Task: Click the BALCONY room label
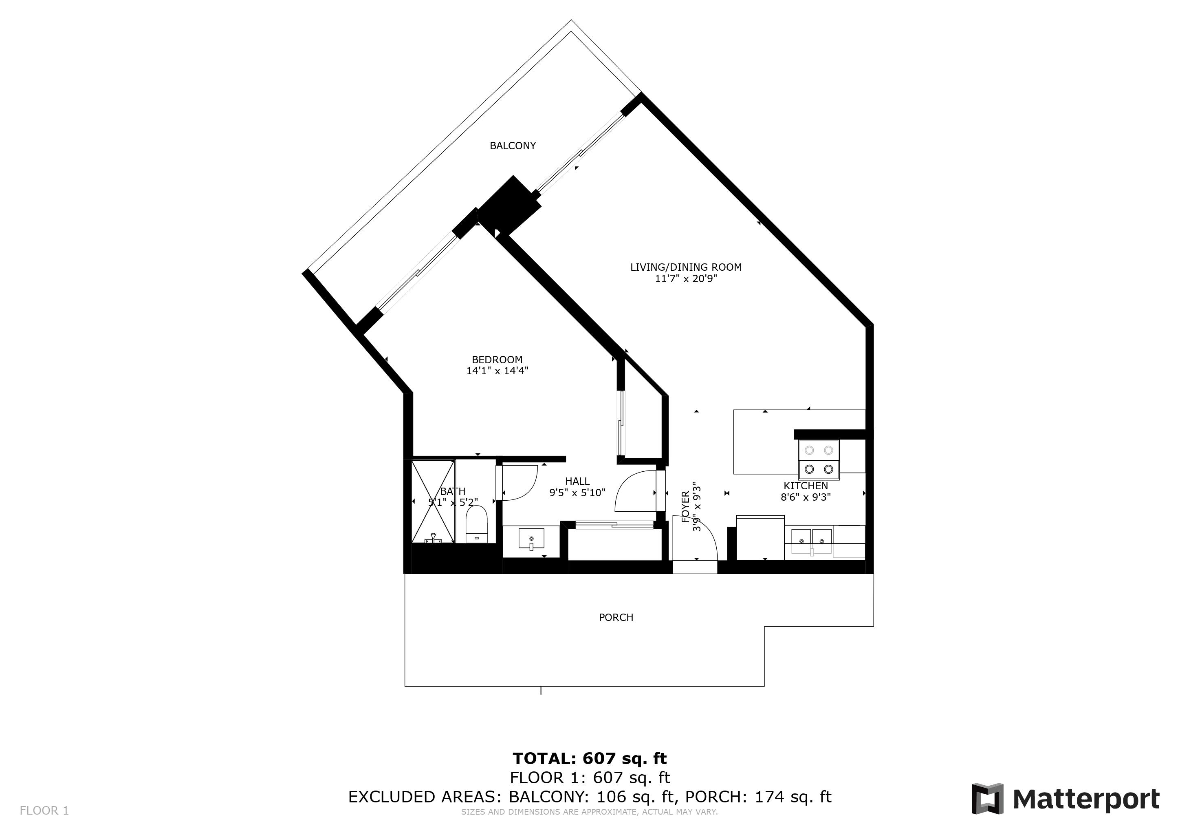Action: [x=513, y=146]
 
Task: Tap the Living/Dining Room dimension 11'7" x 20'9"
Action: [x=686, y=279]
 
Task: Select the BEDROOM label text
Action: [x=497, y=360]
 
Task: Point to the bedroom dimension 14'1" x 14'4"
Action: [x=497, y=371]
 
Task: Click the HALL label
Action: [x=577, y=481]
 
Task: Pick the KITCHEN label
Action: [x=805, y=486]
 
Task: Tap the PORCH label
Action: [x=616, y=618]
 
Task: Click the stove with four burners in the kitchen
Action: [x=818, y=459]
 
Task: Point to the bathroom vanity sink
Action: [x=531, y=540]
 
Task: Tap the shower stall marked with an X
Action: [x=433, y=501]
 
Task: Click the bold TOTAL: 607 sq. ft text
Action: [x=590, y=758]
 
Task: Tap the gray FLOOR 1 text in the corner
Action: [x=44, y=811]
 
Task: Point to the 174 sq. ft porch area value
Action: [x=793, y=797]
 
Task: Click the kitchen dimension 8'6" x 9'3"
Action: [x=805, y=497]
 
